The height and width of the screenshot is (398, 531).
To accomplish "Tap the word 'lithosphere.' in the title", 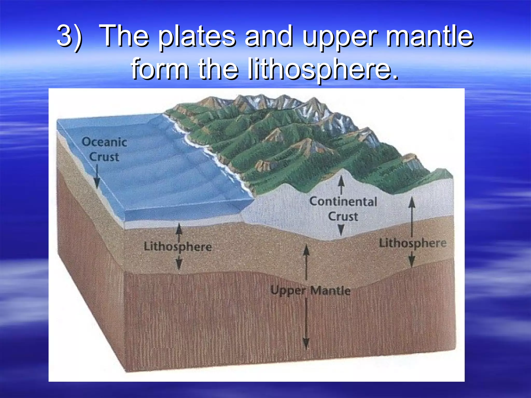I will tap(323, 69).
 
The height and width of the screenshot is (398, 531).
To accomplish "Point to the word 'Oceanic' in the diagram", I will tap(104, 142).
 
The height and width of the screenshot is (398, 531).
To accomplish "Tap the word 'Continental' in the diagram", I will tap(343, 202).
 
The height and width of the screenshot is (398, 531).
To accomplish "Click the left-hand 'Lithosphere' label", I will tap(178, 246).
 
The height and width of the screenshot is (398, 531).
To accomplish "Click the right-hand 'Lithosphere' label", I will tap(413, 243).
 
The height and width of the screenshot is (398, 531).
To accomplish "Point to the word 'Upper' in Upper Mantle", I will tap(288, 290).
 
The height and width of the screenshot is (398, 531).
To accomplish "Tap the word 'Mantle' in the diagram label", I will tap(330, 290).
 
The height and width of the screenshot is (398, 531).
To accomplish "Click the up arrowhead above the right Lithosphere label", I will tap(412, 202).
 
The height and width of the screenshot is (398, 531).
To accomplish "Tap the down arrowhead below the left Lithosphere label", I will tap(179, 264).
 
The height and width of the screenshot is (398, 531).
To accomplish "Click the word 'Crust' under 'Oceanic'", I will tap(104, 157).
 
